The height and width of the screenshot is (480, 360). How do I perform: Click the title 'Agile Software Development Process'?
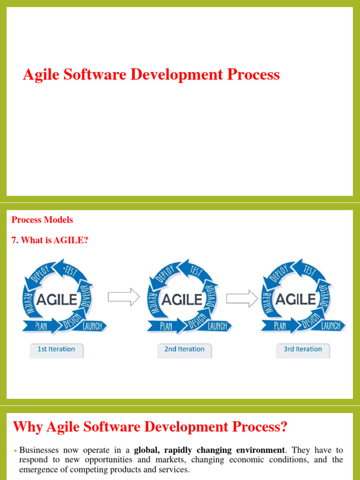[151, 75]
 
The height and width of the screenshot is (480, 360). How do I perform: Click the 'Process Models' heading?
[42, 220]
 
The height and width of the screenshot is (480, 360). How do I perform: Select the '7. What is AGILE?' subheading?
[50, 240]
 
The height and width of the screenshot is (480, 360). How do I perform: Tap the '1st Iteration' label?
[56, 349]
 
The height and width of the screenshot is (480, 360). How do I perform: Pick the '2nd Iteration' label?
[184, 349]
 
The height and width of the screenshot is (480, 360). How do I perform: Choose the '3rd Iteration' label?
[303, 349]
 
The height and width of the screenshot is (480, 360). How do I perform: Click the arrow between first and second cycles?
[124, 297]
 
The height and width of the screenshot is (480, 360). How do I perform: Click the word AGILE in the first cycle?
[56, 299]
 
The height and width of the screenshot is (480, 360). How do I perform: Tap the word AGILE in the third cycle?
[295, 299]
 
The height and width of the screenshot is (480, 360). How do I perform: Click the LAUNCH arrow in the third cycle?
[331, 325]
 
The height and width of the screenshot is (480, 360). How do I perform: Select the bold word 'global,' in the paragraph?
[148, 450]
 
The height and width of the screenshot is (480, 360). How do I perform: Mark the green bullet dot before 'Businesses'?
[15, 451]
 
